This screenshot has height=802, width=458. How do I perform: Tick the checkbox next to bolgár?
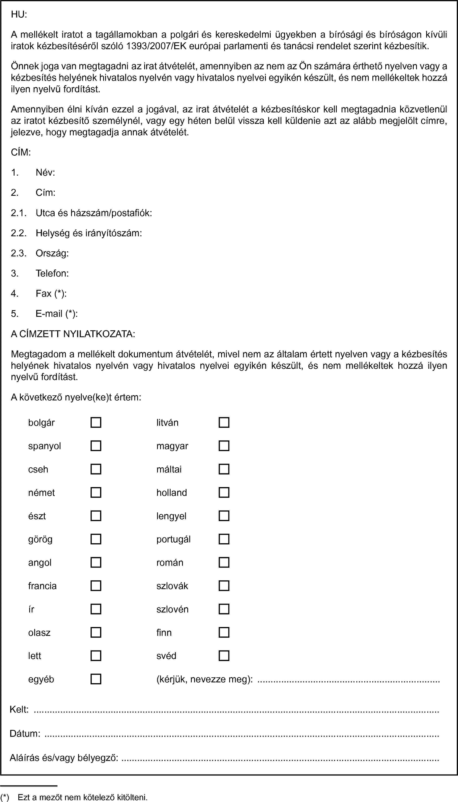[x=96, y=422]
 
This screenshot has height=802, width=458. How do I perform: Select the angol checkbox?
[x=96, y=562]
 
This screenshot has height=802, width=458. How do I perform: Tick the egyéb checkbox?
[x=96, y=679]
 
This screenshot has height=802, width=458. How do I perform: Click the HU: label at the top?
[x=19, y=15]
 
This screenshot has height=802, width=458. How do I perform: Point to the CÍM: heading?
[x=21, y=152]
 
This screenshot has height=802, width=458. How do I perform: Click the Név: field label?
[x=45, y=173]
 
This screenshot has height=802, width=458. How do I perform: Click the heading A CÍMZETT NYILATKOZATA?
[x=73, y=334]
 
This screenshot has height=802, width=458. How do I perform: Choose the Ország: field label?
[x=52, y=253]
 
